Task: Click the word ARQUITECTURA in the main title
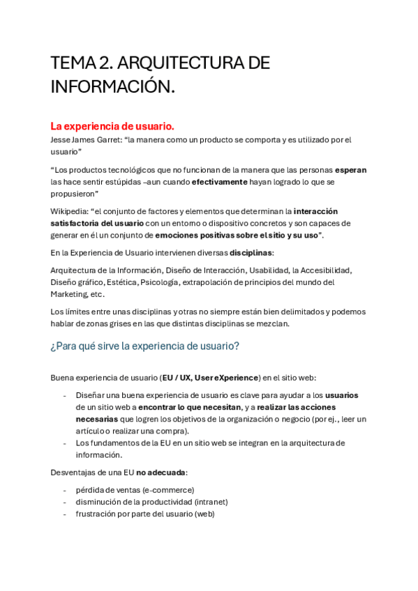pos(181,63)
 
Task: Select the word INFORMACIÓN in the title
pos(112,88)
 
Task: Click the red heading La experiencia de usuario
pos(112,126)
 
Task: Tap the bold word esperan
pos(350,169)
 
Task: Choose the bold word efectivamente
pos(219,181)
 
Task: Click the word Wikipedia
pos(68,211)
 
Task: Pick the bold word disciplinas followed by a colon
pos(252,252)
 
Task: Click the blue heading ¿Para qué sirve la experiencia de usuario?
pos(144,346)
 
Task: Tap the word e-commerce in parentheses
pos(167,490)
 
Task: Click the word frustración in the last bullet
pos(98,514)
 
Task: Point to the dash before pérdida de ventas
pos(65,490)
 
